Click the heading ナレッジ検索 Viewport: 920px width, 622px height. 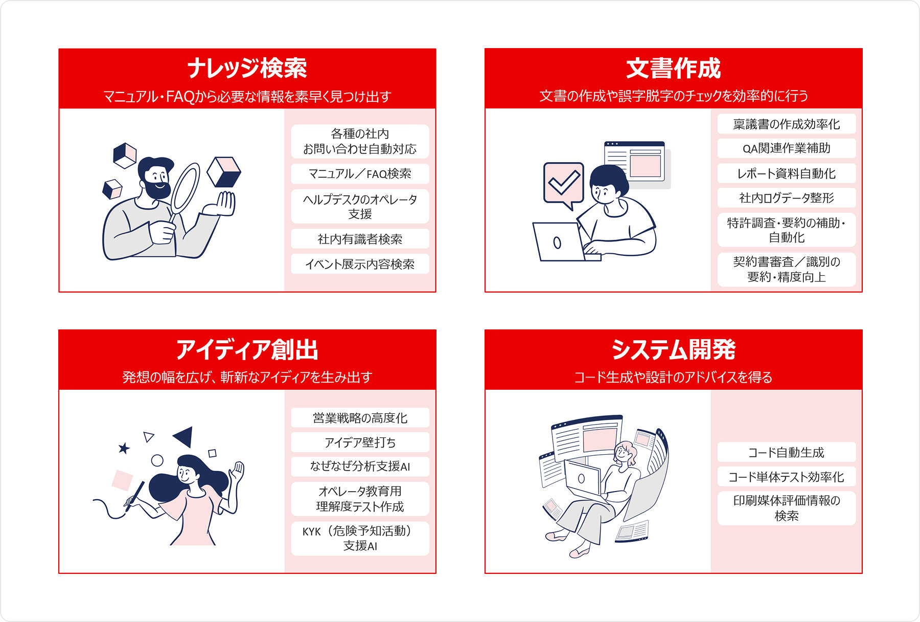point(247,68)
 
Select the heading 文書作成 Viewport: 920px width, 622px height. point(673,68)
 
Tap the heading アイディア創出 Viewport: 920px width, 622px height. point(247,350)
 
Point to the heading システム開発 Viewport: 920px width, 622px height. point(673,350)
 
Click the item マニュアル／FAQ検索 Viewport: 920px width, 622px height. point(360,174)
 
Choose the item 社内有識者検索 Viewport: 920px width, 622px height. point(360,239)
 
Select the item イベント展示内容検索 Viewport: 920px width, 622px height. point(360,264)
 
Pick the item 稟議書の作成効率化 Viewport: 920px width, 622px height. point(786,124)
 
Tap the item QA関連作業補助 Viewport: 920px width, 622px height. point(786,148)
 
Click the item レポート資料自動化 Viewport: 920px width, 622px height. point(786,173)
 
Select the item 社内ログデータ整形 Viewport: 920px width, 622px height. point(786,198)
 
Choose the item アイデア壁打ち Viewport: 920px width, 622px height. point(360,442)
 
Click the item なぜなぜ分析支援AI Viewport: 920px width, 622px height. point(360,466)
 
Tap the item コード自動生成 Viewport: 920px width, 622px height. point(786,453)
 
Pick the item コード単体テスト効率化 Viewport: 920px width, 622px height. point(786,477)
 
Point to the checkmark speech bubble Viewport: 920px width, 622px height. point(563,183)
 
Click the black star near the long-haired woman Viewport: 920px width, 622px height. point(124,449)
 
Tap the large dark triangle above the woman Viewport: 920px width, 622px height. point(184,436)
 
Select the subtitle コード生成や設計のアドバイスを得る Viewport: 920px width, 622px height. point(673,377)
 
